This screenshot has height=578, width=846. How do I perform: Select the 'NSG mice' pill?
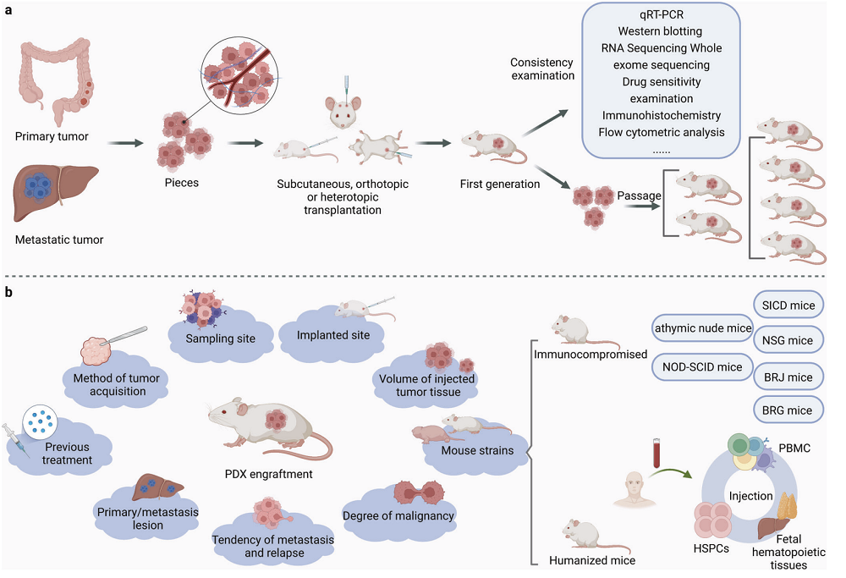[787, 339]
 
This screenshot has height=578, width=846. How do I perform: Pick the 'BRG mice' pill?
[787, 410]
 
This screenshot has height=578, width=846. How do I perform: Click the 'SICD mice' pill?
[787, 303]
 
